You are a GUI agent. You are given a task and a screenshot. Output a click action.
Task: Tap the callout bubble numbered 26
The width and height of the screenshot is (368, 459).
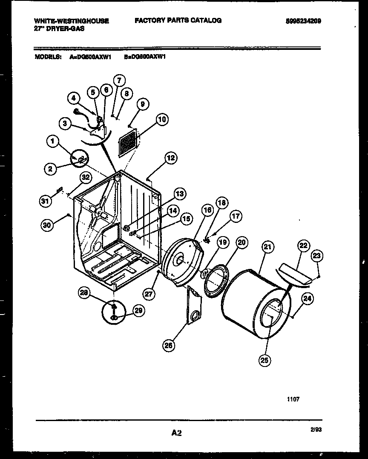click(x=169, y=346)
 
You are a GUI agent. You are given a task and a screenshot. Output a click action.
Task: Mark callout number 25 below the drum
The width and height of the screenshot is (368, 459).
click(x=265, y=361)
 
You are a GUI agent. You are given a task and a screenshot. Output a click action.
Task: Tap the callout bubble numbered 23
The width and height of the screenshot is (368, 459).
click(x=317, y=256)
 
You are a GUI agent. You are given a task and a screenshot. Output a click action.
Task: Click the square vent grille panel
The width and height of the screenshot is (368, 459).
click(x=128, y=142)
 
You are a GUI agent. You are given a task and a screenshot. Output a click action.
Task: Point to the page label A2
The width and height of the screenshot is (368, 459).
click(x=177, y=433)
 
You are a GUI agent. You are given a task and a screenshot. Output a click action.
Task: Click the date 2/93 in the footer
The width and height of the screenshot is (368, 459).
click(x=316, y=430)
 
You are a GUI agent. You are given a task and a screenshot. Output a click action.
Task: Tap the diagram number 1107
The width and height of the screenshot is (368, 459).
click(x=293, y=399)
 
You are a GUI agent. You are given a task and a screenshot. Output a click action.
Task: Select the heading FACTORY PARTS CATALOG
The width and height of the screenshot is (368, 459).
click(x=178, y=20)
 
